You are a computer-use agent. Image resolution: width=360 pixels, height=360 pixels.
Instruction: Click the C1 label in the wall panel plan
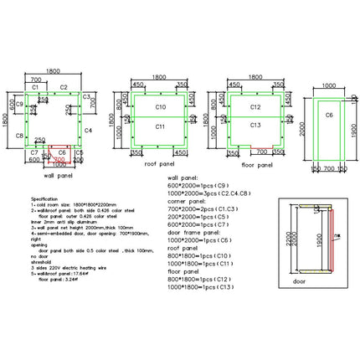point(36,87)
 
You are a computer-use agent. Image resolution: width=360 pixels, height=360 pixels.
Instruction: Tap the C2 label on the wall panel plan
point(64,87)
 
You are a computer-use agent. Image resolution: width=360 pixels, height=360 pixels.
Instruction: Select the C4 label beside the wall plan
point(89,131)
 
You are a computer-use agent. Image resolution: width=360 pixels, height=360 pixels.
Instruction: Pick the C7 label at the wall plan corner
point(34,152)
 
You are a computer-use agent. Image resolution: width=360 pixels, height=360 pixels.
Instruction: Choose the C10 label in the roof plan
point(162,108)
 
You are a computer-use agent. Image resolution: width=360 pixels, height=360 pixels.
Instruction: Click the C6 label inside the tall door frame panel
point(329,114)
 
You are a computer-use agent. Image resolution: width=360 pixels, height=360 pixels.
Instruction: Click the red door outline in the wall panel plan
point(60,153)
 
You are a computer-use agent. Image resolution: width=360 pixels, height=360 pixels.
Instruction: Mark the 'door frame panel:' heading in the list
point(194,231)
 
